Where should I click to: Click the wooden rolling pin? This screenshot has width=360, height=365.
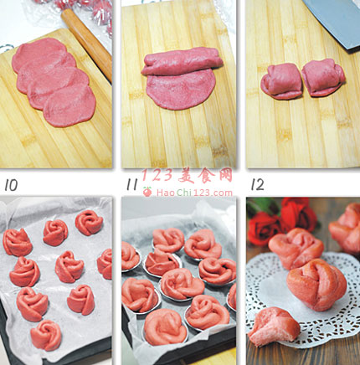86,44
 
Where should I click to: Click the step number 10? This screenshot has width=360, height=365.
11,185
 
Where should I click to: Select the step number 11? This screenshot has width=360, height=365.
132,184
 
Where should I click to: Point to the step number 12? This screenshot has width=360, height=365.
257,184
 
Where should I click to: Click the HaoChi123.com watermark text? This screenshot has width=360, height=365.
194,193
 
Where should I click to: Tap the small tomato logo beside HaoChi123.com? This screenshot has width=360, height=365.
147,192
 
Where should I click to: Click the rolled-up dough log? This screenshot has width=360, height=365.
182,61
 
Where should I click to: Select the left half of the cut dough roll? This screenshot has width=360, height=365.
281,81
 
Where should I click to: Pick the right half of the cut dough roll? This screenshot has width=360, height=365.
323,78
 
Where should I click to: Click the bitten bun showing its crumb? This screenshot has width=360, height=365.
274,326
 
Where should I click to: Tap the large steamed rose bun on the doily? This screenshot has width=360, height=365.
316,285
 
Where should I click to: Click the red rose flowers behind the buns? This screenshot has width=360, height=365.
282,220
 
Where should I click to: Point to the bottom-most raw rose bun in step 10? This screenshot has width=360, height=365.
46,335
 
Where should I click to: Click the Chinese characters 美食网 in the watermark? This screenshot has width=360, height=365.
205,176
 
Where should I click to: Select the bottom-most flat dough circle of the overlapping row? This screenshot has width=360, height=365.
69,106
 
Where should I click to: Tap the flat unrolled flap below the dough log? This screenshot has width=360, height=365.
181,90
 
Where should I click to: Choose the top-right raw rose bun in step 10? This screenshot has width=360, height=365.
89,223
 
